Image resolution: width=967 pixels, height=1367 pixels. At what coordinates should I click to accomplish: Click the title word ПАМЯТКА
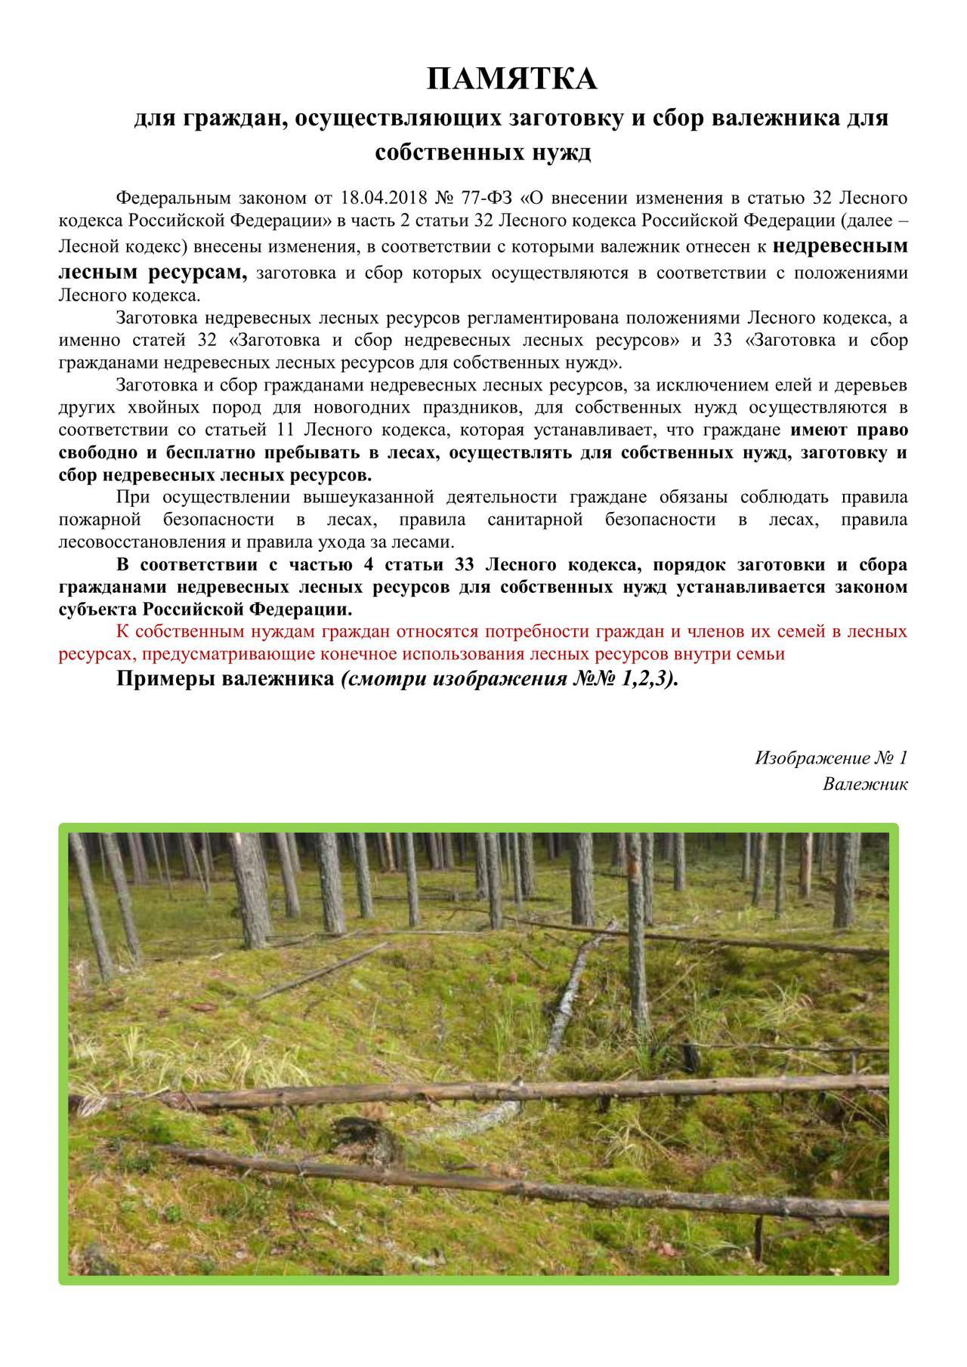pos(511,79)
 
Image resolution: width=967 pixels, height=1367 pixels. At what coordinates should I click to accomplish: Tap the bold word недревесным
pos(841,246)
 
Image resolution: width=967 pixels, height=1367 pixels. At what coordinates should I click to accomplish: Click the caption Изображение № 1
pos(830,758)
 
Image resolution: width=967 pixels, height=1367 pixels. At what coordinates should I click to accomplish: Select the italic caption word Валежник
pos(865,784)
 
